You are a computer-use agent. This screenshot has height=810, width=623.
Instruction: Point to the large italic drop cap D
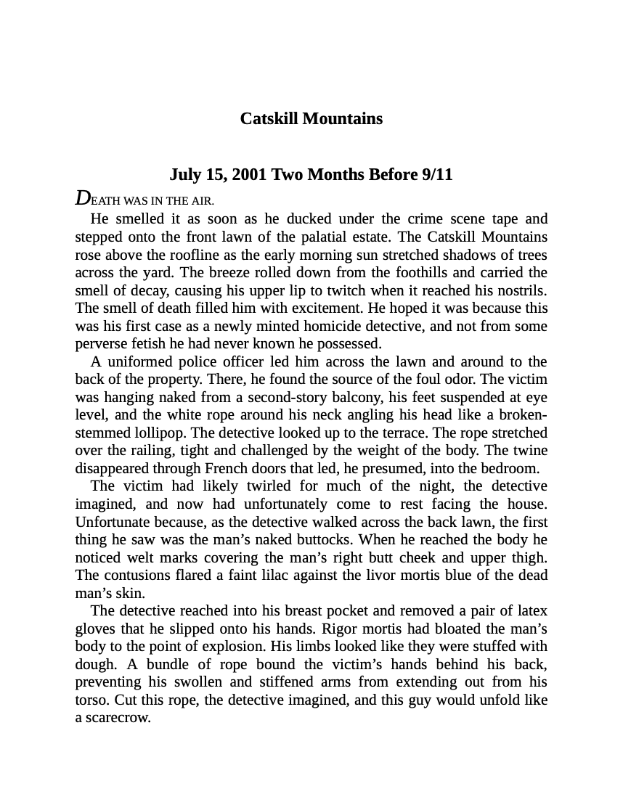tap(83, 198)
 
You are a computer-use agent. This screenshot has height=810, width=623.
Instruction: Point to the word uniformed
tap(139, 361)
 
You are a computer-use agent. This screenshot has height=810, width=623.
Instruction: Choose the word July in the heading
tap(184, 174)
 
